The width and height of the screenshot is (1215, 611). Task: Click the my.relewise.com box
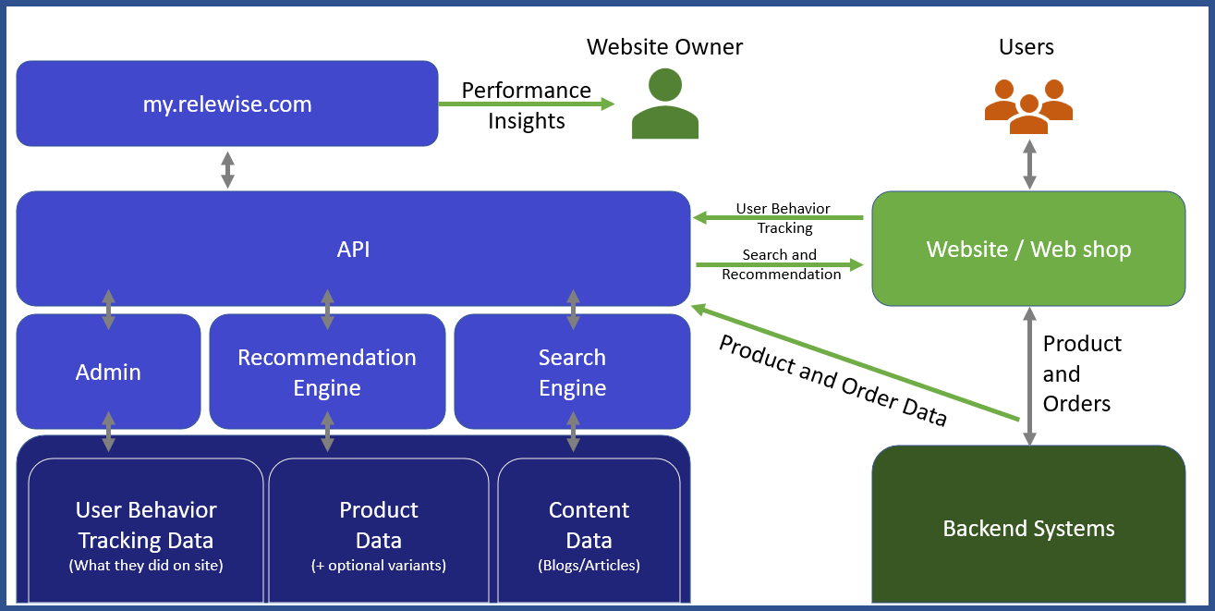pos(226,104)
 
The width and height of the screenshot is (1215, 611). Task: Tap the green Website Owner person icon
pos(664,104)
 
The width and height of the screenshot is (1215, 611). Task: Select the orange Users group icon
pos(1028,104)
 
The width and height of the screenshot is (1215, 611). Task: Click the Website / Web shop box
pos(1028,249)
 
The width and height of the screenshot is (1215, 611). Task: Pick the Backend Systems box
pos(1028,529)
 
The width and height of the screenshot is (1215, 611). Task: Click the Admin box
pos(108,373)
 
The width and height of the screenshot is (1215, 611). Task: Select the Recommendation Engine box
pos(327,373)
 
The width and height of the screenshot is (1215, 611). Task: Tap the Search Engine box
pos(572,373)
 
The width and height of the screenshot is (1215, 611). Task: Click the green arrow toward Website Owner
pos(527,104)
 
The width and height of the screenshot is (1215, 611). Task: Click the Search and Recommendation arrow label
pos(781,264)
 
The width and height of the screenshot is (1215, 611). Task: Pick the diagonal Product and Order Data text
pos(832,380)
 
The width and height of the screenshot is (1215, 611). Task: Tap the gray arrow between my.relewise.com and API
pos(227,169)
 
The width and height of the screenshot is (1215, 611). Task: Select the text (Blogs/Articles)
pos(589,565)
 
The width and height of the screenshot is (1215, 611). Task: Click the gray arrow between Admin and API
pos(108,310)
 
